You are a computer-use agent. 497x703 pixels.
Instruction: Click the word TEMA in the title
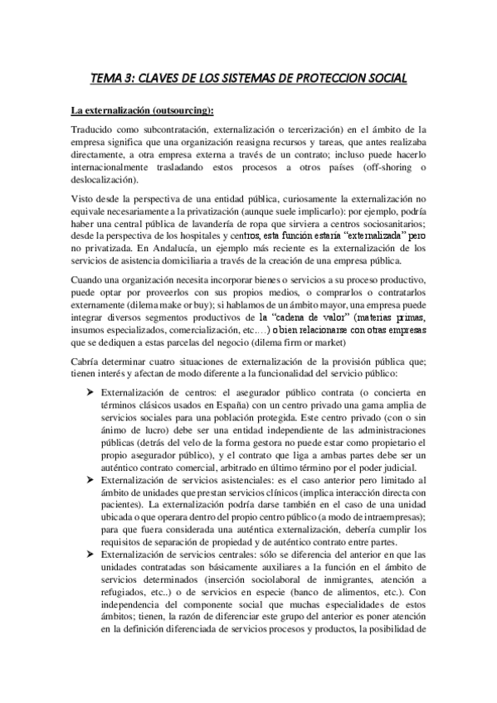point(105,80)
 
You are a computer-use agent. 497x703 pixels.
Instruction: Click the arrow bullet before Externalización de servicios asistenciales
point(90,479)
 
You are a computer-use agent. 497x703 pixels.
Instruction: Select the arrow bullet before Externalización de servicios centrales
point(90,554)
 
